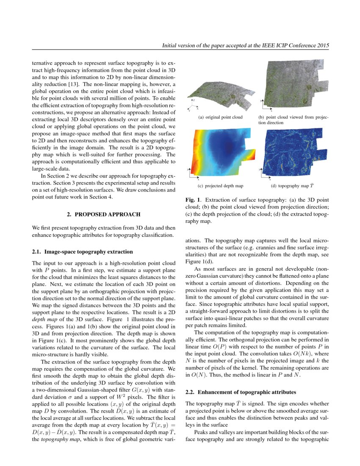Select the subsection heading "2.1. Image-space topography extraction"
tap(82, 252)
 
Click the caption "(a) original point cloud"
tap(220, 117)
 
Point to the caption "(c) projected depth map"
tap(220, 186)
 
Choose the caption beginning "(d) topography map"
tap(293, 186)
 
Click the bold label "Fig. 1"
tap(193, 199)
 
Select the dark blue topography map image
tap(294, 153)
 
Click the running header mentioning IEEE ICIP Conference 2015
tap(246, 45)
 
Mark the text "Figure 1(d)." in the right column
tap(199, 262)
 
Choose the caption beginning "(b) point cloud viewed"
tap(293, 120)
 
